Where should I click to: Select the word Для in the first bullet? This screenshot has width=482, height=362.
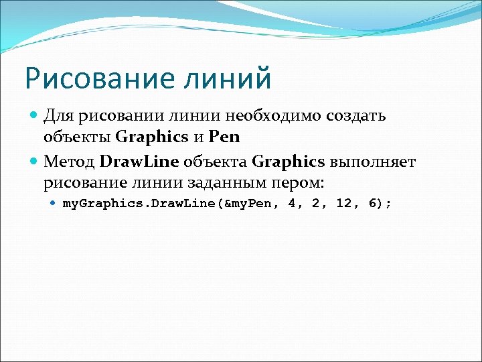point(60,116)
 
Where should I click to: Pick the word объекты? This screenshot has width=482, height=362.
point(77,137)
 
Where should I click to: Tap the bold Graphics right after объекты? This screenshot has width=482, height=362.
point(152,137)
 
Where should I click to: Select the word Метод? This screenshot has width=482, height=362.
point(69,162)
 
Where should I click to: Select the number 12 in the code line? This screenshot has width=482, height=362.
point(343,203)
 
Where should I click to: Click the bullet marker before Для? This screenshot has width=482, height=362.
point(35,116)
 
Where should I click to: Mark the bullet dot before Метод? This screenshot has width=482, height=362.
point(35,162)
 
